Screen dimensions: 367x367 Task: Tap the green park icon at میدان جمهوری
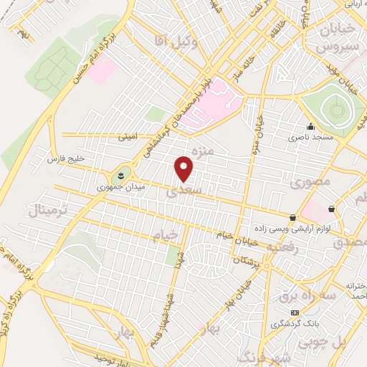[119, 174]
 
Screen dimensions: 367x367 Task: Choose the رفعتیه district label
[270, 247]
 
